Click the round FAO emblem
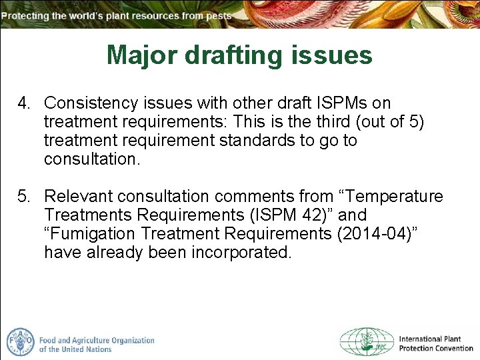coord(20,342)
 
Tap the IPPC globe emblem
coord(367,342)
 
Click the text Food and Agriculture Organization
coord(97,340)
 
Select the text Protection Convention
coord(436,349)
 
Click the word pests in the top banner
coord(219,15)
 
